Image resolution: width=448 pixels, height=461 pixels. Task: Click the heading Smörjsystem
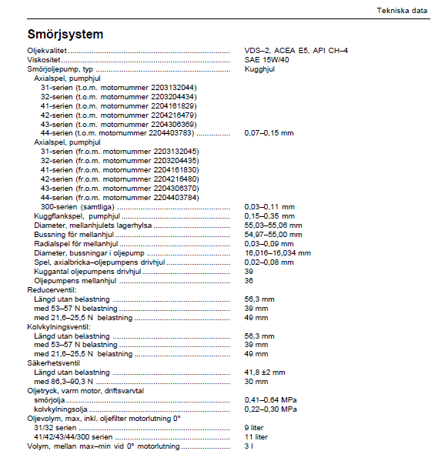tap(65, 35)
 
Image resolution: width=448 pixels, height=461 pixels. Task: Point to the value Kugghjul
tap(259, 68)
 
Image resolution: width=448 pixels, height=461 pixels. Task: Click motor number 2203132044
tap(175, 87)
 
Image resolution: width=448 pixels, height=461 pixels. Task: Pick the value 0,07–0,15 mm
tap(269, 133)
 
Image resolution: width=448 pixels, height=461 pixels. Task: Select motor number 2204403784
tap(176, 197)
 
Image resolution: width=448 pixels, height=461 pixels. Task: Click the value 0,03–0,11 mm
tap(269, 206)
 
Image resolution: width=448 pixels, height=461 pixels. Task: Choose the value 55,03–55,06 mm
tap(273, 225)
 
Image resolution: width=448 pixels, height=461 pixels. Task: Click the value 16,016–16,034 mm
tap(277, 252)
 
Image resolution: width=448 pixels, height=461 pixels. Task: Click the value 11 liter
tap(256, 437)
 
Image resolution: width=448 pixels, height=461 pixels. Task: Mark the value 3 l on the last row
tap(248, 446)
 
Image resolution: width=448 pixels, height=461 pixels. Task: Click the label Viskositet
tap(43, 59)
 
